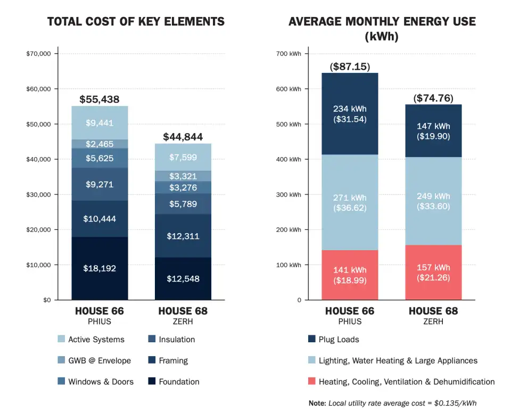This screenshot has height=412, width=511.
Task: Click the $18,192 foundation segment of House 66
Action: [x=100, y=268]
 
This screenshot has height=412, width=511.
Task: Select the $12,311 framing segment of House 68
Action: [x=183, y=236]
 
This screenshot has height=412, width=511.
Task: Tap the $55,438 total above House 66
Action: [x=100, y=100]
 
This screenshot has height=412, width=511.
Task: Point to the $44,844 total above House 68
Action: [x=183, y=137]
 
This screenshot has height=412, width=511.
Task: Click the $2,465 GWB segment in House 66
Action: [x=100, y=144]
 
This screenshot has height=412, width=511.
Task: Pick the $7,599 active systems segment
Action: [x=183, y=157]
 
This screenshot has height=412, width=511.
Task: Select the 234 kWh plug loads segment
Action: [x=350, y=114]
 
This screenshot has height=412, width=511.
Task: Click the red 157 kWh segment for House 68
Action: [x=433, y=272]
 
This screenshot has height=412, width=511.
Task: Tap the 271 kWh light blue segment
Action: [x=350, y=202]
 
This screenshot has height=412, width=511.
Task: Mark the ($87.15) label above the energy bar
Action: [x=350, y=67]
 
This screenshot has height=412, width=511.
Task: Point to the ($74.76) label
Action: [x=433, y=98]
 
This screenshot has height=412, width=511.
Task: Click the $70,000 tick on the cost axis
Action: [x=38, y=54]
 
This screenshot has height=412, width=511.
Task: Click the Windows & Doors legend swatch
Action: [x=60, y=382]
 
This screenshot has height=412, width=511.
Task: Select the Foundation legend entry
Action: [x=178, y=382]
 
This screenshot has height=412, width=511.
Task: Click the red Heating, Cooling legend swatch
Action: [x=311, y=382]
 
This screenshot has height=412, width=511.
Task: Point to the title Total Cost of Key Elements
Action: [x=136, y=22]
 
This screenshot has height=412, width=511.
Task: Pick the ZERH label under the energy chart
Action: [x=433, y=322]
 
